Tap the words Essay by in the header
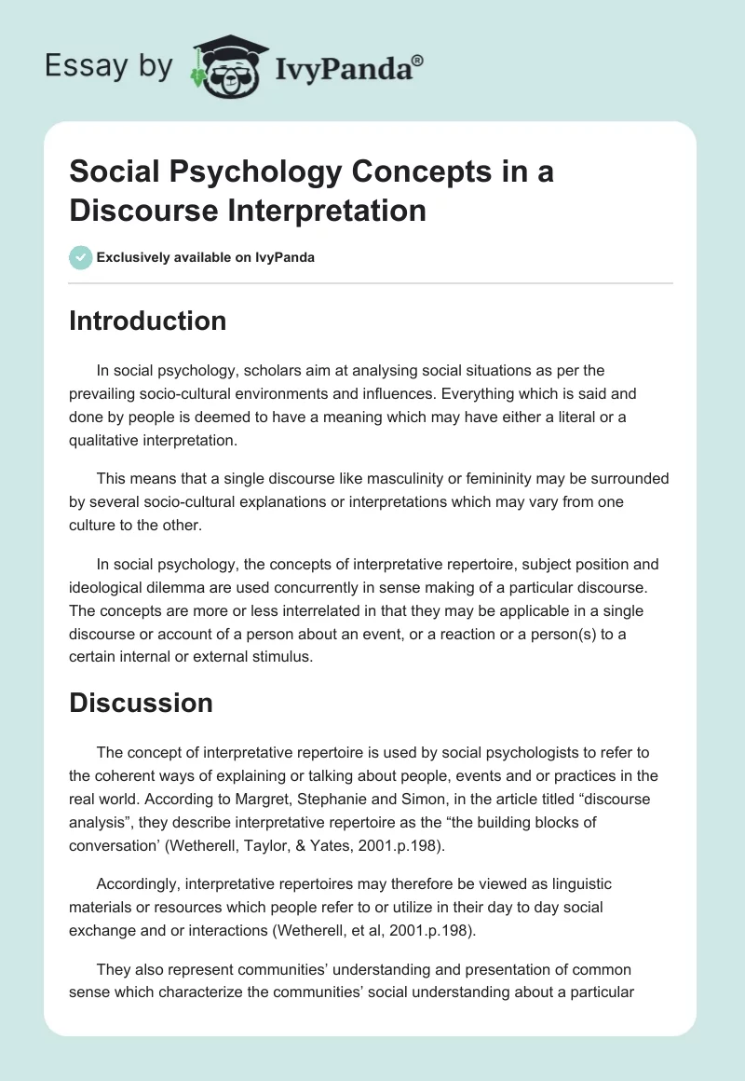point(108,66)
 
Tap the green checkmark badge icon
point(80,257)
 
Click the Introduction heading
point(148,321)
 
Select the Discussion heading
point(141,703)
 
